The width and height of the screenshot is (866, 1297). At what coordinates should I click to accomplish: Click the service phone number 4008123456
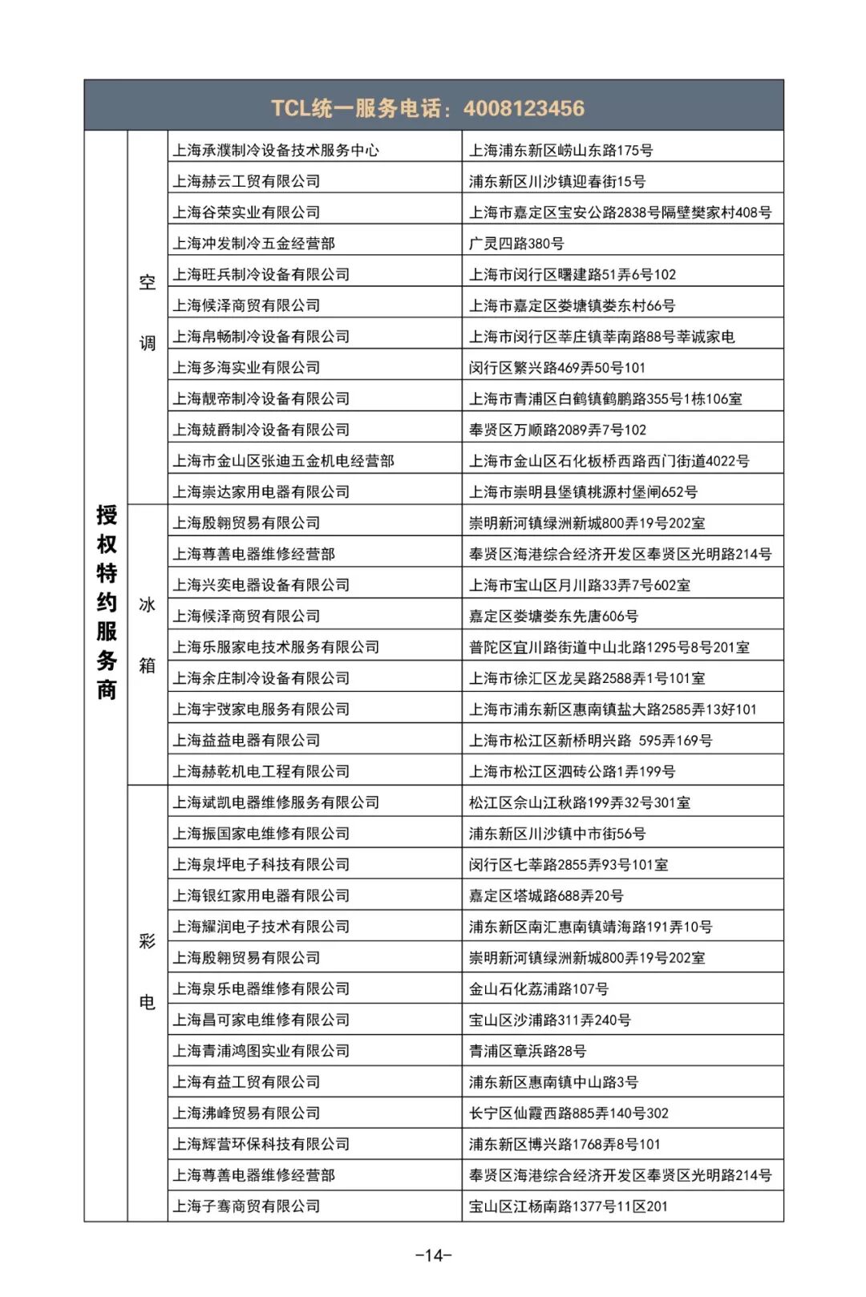coord(524,108)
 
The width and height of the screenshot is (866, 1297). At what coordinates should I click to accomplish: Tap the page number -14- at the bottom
coord(434,1255)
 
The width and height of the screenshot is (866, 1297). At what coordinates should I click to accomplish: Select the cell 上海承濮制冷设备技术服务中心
coord(276,150)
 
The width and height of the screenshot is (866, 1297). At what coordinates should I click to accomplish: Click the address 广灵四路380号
coord(516,243)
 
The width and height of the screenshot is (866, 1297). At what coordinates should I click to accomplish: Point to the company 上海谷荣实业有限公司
coord(246,212)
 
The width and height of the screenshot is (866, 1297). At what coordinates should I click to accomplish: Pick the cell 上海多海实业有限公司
coord(246,367)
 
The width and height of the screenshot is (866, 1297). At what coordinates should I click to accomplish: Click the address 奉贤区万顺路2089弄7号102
coord(557,430)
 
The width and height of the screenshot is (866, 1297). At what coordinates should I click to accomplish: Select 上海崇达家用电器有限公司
coord(261,491)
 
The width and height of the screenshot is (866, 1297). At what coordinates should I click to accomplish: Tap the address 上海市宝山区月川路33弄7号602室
coord(579,585)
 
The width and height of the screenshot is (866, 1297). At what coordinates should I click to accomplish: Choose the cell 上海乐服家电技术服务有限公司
coord(276,647)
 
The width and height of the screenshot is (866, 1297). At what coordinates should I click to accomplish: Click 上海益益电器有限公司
coord(246,740)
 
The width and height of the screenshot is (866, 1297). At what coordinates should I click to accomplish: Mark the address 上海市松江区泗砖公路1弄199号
coord(572,771)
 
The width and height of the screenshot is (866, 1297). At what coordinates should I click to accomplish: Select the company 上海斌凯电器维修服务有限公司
coord(276,802)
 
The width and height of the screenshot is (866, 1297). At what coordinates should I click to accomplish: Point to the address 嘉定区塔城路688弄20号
coord(546,895)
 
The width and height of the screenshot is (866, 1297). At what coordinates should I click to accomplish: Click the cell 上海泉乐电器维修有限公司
coord(261,988)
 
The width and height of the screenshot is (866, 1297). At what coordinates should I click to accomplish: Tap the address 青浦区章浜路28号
coord(528,1051)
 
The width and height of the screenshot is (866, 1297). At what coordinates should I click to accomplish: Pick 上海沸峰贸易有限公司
coord(246,1113)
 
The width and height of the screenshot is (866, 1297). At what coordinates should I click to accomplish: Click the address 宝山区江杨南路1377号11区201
coord(568,1206)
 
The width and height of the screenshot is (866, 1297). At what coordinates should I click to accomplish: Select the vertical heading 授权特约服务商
coord(107,601)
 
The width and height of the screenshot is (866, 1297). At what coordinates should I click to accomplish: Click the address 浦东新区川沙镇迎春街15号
coord(557,181)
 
